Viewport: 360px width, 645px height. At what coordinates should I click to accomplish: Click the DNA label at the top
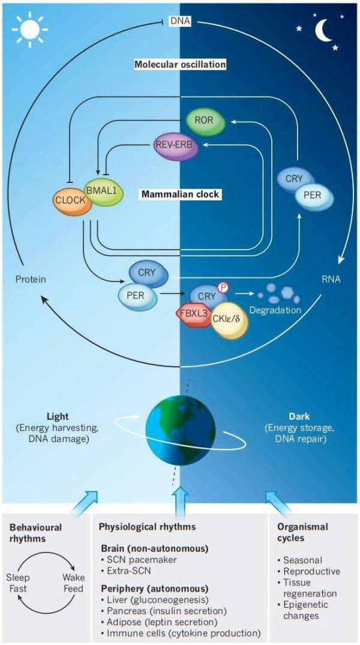(x=179, y=22)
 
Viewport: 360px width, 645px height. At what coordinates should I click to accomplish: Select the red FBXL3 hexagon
(x=193, y=314)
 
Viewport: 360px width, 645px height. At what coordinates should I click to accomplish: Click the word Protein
(x=30, y=279)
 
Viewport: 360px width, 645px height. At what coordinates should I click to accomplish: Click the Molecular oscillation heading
(x=179, y=64)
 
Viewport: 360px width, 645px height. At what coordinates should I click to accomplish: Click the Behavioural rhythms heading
(x=37, y=533)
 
